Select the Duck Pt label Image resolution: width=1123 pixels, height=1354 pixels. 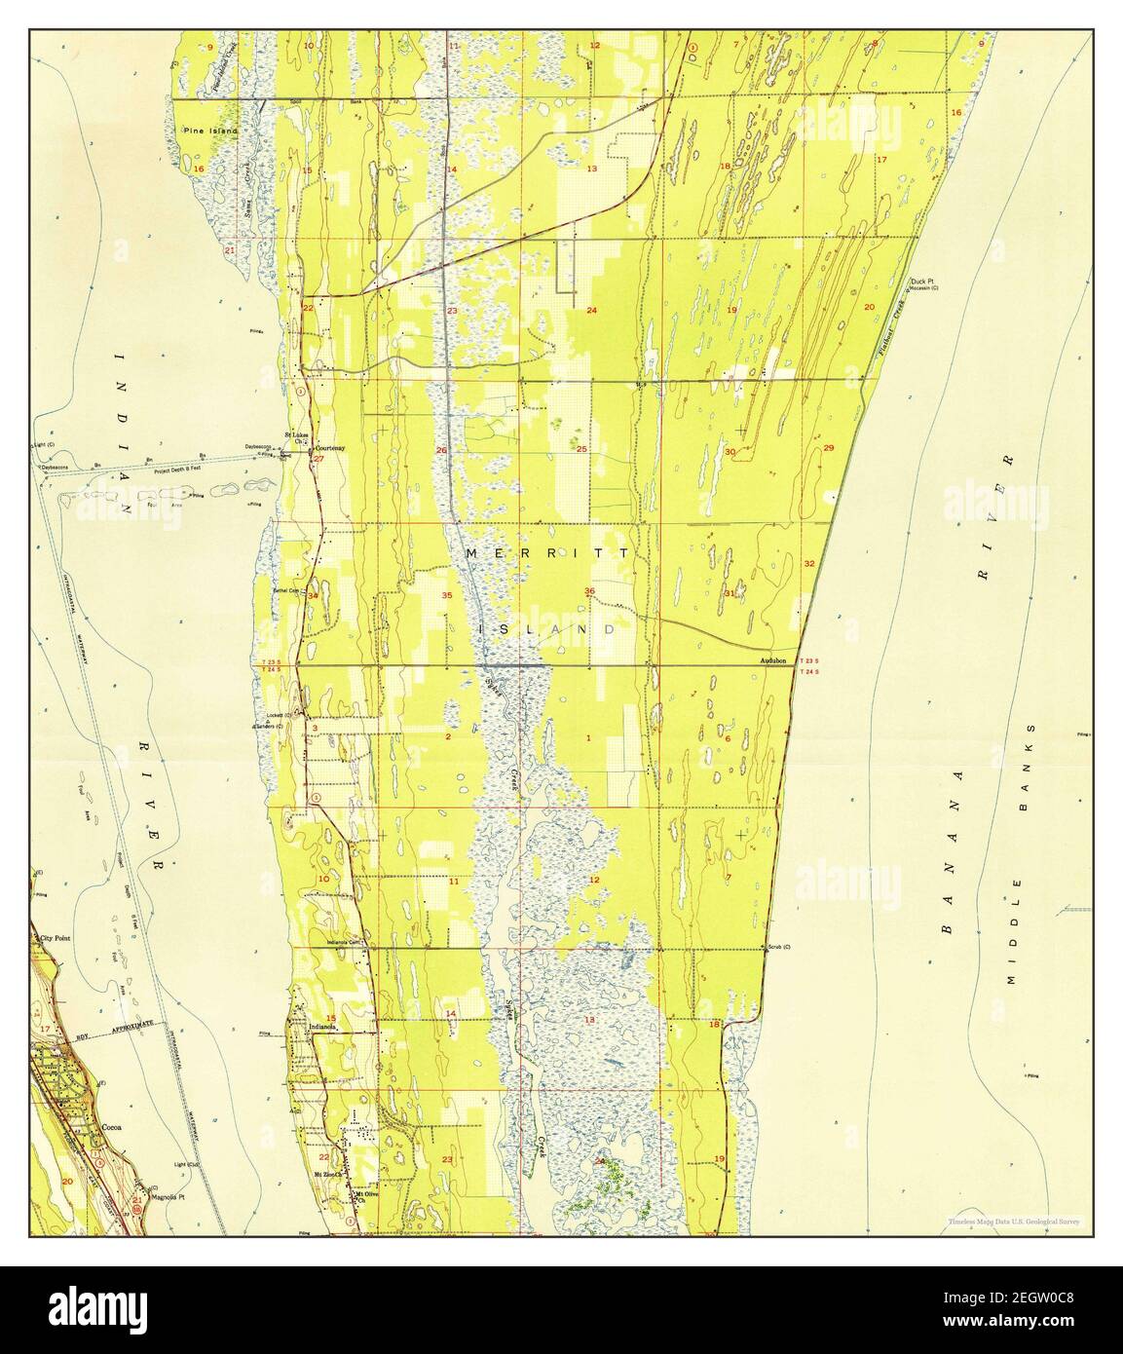(x=921, y=281)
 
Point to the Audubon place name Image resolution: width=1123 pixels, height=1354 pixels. (x=775, y=661)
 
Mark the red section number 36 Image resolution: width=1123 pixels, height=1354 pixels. (x=589, y=592)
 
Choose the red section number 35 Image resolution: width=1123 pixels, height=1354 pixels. (x=446, y=595)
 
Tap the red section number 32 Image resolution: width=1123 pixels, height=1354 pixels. (x=809, y=564)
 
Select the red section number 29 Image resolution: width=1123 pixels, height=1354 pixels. (x=829, y=448)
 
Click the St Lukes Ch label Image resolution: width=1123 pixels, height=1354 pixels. (x=296, y=434)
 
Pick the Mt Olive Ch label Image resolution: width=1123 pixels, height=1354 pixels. (x=363, y=1196)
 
